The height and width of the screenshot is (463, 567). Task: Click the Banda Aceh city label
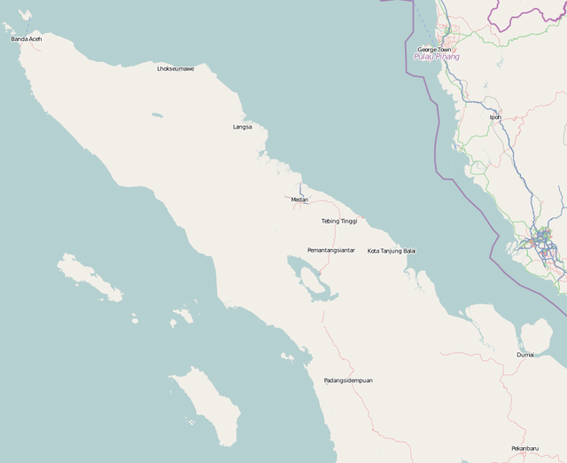click(26, 39)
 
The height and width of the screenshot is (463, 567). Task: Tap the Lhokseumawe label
click(175, 68)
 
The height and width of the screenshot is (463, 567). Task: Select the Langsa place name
click(242, 127)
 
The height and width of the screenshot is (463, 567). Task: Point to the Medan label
click(299, 200)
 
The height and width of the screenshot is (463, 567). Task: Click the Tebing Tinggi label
click(338, 221)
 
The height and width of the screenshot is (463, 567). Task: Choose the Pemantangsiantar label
click(330, 250)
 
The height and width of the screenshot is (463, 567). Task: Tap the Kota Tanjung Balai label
click(391, 251)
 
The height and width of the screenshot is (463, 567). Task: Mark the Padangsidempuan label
click(347, 381)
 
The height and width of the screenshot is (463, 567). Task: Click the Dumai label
click(525, 355)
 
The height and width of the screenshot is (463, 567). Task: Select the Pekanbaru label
click(524, 448)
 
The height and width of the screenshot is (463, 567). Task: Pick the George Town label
click(434, 50)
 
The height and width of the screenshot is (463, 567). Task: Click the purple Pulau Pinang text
click(437, 57)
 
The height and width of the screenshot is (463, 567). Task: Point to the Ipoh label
click(494, 116)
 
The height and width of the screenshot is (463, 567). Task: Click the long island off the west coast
click(89, 277)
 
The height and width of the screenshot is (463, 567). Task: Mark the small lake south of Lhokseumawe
click(157, 114)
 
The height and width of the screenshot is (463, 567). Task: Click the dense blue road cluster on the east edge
click(541, 240)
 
